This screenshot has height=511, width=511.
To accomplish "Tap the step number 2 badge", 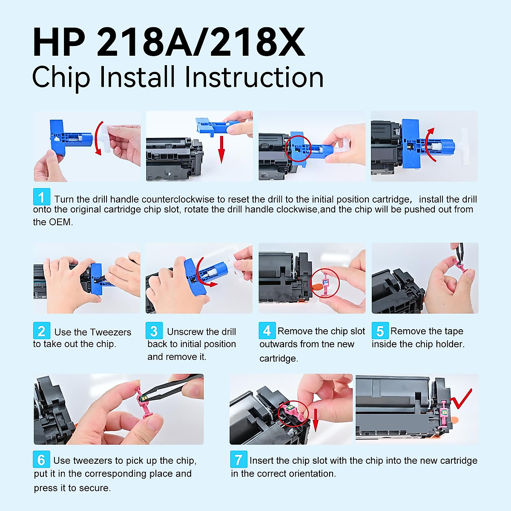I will tap(42, 331).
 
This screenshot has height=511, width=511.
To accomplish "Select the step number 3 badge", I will tap(154, 331).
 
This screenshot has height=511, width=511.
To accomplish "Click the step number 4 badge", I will tap(267, 331).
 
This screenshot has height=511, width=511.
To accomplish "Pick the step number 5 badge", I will tap(380, 331).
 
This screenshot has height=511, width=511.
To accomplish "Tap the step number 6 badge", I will tap(41, 459).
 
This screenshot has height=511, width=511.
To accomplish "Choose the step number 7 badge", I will tap(238, 459).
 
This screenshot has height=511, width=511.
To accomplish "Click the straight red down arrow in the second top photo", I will tap(221, 149).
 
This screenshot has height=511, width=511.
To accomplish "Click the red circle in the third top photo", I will tap(298, 148).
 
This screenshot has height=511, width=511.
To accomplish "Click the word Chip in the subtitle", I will tap(61, 78).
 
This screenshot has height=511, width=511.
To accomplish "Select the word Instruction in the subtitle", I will tap(254, 78).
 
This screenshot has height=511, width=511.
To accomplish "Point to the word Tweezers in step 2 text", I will tap(110, 332).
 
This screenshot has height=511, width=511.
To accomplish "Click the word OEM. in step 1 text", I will tap(61, 222).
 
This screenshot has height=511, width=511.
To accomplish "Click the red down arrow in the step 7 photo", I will tap(316, 419).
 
